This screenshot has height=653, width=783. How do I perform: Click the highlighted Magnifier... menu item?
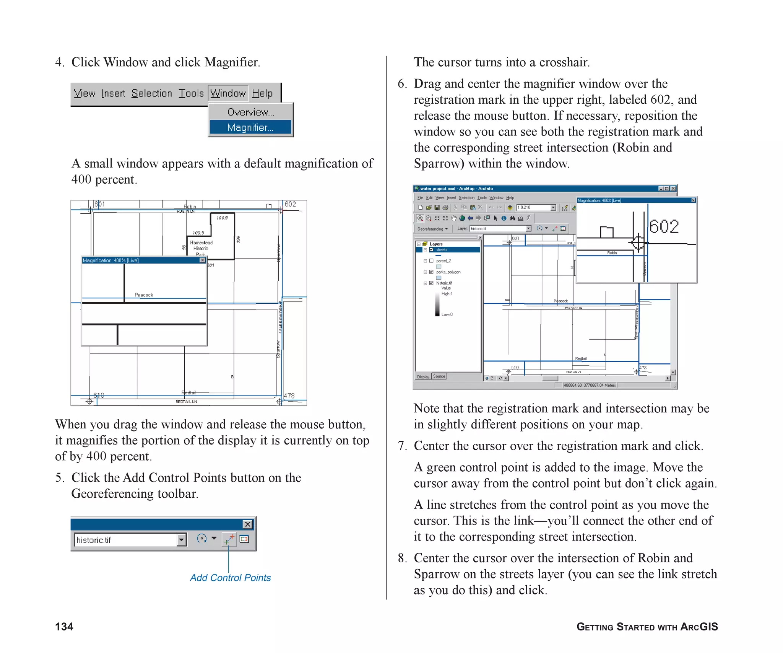pos(250,127)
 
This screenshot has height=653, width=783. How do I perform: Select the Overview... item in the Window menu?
pos(250,112)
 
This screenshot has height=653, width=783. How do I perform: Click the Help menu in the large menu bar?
pos(262,93)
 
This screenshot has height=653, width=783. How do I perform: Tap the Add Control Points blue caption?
pos(230,578)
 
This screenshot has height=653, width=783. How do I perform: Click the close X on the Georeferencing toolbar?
pos(248,524)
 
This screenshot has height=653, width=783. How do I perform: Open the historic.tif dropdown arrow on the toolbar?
pos(182,540)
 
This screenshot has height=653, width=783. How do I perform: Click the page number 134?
pos(64,627)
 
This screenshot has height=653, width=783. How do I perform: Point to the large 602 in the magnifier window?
pos(664,226)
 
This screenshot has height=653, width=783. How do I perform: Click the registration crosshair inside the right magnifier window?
pos(638,243)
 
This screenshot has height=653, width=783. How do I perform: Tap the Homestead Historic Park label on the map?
pos(201,248)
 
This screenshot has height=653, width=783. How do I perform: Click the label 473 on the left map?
pos(289,396)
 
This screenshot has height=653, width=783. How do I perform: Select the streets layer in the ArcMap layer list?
pos(442,250)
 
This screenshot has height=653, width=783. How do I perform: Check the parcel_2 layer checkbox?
pos(431,261)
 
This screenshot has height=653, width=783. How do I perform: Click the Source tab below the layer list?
pos(439,376)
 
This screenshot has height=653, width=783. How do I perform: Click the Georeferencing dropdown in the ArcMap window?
pos(432,229)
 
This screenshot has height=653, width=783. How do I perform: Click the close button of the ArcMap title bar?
pos(673,189)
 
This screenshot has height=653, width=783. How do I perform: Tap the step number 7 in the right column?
pos(401,446)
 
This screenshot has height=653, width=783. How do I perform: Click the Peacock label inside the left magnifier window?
pos(144,295)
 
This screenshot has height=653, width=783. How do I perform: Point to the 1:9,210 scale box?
pos(533,207)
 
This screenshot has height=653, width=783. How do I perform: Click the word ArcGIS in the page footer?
pos(699,627)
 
